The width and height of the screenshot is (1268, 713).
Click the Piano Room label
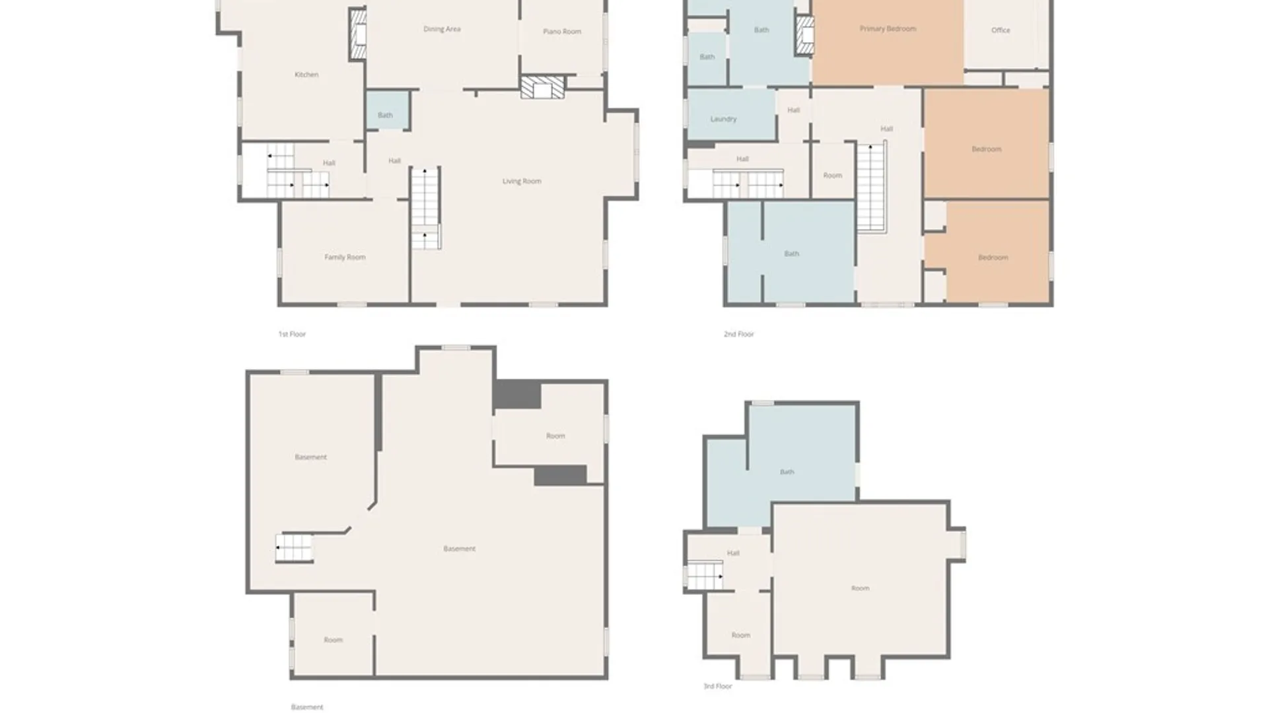562,32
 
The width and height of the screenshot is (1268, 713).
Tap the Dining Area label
442,29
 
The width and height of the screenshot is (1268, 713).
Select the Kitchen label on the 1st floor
306,75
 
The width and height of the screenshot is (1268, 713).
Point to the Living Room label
522,181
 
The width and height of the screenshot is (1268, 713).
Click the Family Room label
345,257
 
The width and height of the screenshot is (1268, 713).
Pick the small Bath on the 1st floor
385,115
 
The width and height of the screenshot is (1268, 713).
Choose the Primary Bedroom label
888,29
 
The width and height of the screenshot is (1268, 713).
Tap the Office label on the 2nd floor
1001,30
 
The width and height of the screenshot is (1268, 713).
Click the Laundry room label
723,119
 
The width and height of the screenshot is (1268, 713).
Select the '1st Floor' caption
292,334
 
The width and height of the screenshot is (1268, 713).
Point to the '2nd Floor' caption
738,334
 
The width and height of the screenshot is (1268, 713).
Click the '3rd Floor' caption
718,687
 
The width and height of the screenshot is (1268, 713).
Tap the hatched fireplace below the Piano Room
542,88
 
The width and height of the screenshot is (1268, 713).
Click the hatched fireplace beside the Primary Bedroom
804,35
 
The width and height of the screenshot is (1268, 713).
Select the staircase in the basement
294,548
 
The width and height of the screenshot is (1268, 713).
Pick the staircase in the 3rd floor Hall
705,576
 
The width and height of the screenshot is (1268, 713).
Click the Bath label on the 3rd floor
787,472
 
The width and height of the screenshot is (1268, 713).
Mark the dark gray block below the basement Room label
560,475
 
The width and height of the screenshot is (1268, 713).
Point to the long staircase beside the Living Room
425,208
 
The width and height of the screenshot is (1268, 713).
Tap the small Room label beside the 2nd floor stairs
832,176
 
